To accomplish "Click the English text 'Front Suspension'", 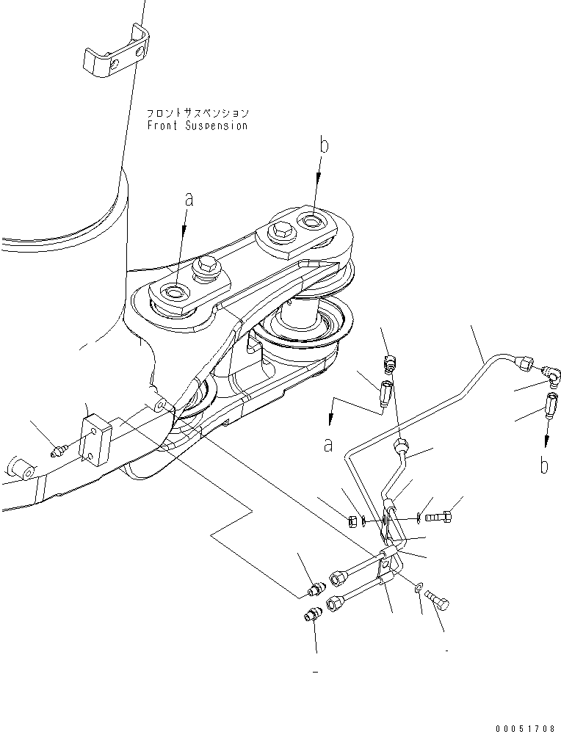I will [197, 126].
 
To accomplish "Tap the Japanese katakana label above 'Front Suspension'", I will [197, 114].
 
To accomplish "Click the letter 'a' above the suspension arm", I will [189, 199].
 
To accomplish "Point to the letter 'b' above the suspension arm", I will [324, 145].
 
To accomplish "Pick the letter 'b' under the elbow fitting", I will [543, 465].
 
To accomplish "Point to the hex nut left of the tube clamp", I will [352, 522].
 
